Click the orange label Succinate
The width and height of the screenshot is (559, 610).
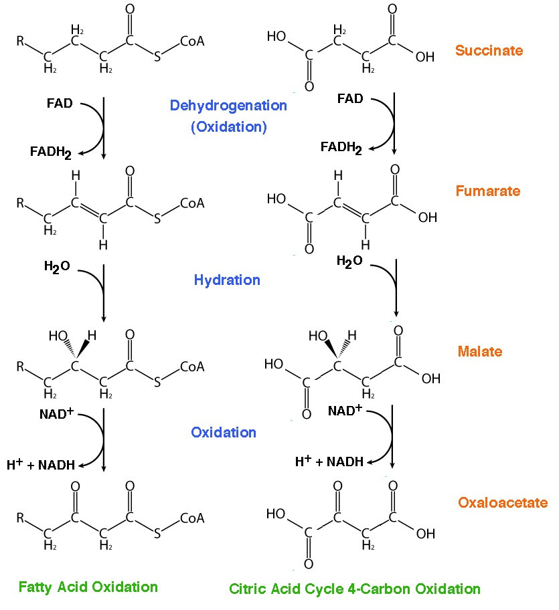click(489, 51)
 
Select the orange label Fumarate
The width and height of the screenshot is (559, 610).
click(488, 191)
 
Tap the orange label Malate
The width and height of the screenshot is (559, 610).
click(479, 352)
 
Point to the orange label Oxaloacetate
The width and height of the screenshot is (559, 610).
click(503, 502)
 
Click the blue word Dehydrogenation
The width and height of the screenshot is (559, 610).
click(228, 106)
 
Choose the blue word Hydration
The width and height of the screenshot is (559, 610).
click(227, 280)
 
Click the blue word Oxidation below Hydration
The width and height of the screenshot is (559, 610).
click(224, 433)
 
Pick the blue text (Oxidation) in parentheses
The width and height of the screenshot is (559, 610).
click(229, 127)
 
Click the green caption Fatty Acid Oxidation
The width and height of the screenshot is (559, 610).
click(88, 587)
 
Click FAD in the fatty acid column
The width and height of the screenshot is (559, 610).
click(60, 104)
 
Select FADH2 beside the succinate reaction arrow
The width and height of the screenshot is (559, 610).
click(341, 148)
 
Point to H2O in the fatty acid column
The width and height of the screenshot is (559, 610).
click(57, 267)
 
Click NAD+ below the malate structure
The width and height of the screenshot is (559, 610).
click(345, 411)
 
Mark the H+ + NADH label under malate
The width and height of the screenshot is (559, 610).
click(329, 462)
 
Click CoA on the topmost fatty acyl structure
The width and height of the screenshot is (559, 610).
click(192, 41)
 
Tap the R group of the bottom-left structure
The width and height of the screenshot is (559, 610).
click(20, 518)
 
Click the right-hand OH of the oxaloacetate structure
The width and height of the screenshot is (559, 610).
click(426, 534)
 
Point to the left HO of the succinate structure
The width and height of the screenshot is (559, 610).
click(276, 37)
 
